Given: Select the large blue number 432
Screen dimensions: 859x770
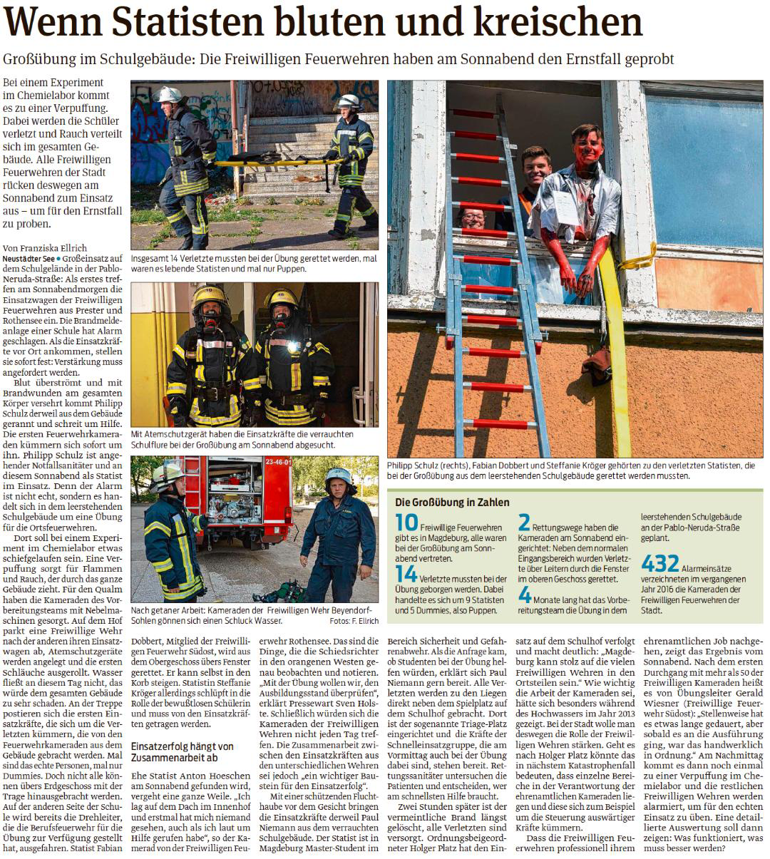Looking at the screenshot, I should point(661,563).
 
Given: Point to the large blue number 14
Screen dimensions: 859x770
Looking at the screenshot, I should point(406,573).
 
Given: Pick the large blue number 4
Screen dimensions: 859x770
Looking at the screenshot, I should point(525,593).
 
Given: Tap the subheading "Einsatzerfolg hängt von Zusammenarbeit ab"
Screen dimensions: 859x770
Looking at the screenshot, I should point(183,751).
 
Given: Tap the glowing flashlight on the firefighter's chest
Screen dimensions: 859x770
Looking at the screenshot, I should point(293,347).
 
